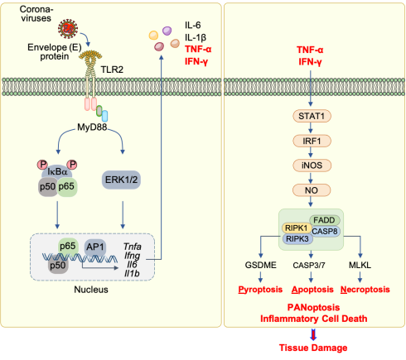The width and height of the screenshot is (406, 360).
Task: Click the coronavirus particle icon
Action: point(68,29)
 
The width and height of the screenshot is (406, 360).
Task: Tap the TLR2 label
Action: point(112,70)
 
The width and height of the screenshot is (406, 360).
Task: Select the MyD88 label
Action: point(92,127)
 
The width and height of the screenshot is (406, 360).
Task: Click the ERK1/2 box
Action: point(121,180)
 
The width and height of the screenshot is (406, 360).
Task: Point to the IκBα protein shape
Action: point(57,171)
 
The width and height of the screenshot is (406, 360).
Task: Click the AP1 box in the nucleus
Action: point(95,247)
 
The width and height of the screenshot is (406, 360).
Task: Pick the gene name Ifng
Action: point(132,256)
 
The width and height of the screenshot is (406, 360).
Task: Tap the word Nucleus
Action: point(91,290)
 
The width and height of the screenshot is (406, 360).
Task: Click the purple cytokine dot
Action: point(167,31)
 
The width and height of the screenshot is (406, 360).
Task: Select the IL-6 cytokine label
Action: point(193,26)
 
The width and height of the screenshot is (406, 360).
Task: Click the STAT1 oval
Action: point(312,116)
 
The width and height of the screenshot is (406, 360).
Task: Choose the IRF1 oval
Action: point(312,141)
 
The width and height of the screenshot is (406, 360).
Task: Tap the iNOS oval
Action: point(312,166)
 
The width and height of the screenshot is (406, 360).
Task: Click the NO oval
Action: point(312,190)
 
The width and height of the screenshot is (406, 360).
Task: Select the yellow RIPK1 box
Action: point(297,228)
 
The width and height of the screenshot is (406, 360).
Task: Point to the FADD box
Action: point(325,220)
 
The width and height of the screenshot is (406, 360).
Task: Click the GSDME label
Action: point(260,265)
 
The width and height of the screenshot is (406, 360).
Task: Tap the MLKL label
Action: point(360,265)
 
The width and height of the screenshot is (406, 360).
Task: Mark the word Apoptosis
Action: point(312,290)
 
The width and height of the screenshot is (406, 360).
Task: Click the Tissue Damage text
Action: point(313,348)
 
